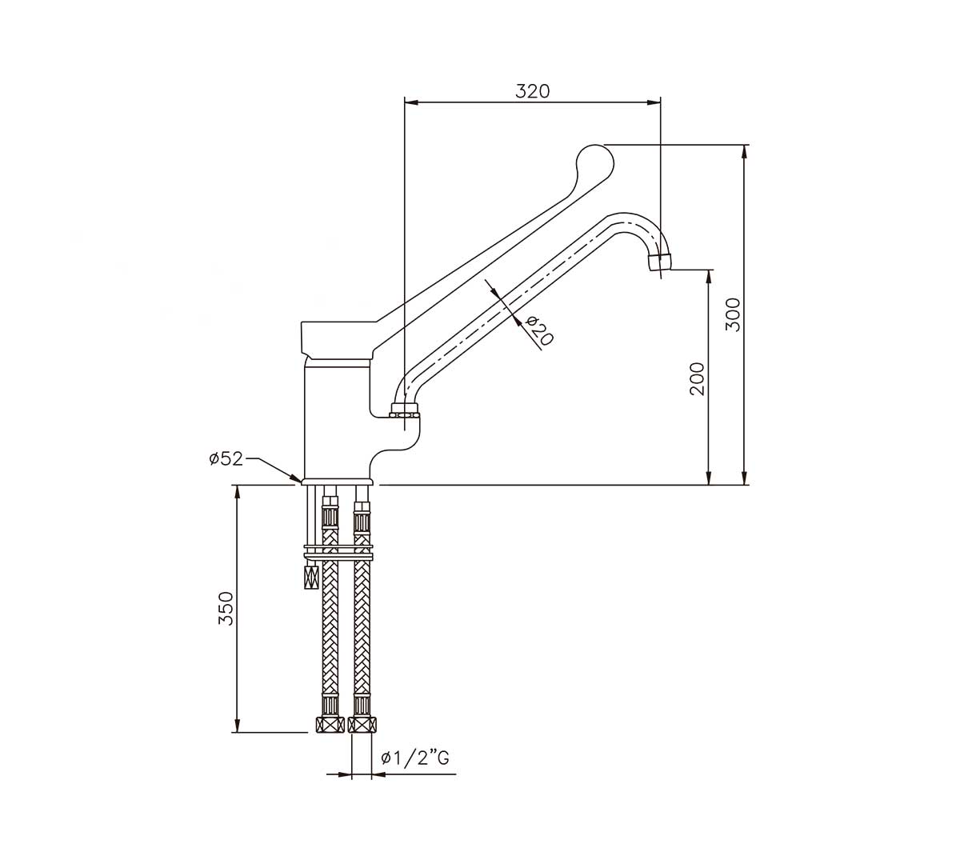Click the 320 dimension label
532,90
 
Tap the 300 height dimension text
734,314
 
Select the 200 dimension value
697,378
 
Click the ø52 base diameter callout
226,458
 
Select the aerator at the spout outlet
661,263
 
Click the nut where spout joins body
405,413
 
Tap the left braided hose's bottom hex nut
328,725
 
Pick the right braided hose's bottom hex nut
362,725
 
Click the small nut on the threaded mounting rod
310,576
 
